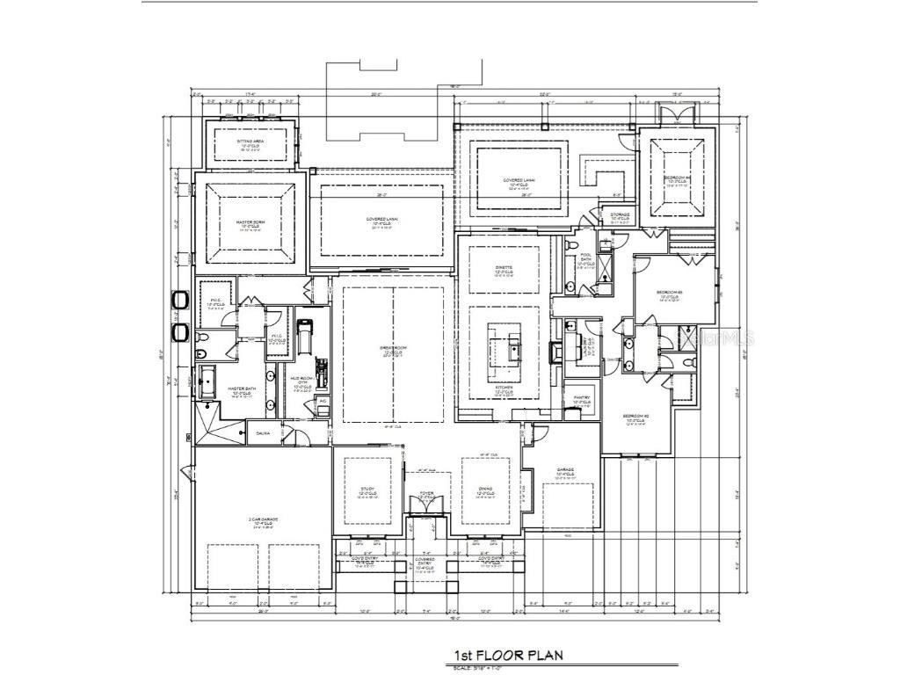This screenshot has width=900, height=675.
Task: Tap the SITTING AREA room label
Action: [x=250, y=141]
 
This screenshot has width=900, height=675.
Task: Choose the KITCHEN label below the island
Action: [x=503, y=387]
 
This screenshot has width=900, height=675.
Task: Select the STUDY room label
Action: [x=367, y=489]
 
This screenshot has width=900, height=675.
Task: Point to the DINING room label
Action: [x=485, y=489]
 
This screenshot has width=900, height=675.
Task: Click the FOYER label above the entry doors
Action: [x=426, y=494]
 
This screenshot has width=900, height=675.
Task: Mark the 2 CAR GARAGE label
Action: [x=262, y=520]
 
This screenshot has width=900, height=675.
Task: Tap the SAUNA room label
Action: [x=262, y=433]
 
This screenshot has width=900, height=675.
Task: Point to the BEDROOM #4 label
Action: [x=677, y=178]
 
